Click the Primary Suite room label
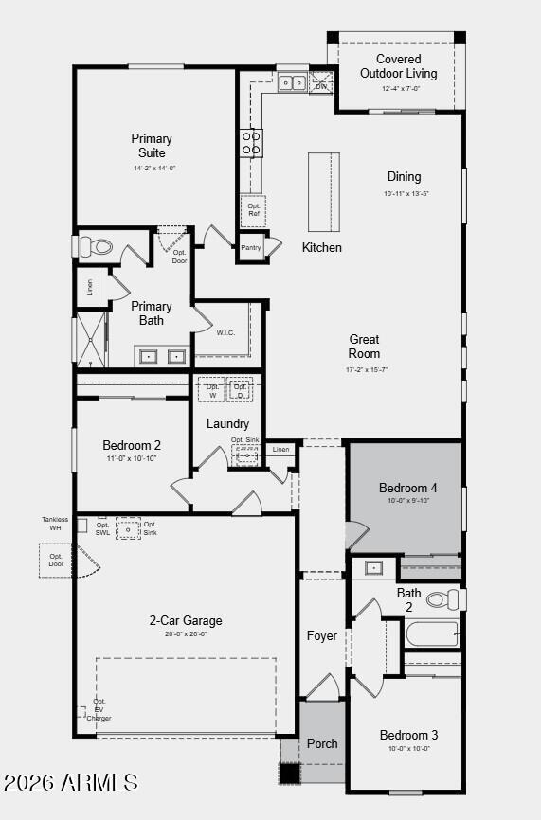pos(152,146)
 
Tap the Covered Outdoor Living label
pos(398,66)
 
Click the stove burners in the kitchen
pos(252,143)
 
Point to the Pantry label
pos(250,248)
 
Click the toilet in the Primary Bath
pos(96,247)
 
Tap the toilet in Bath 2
pos(442,599)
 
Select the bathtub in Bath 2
pos(432,633)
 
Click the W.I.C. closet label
pos(225,332)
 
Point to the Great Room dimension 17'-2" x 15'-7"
pos(366,369)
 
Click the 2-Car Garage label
pos(186,621)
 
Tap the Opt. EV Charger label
pos(99,710)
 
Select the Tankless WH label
pos(55,524)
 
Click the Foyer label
pos(322,636)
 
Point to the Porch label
pos(322,743)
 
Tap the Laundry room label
pos(227,423)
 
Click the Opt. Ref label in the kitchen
pos(254,209)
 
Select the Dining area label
pos(404,176)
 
